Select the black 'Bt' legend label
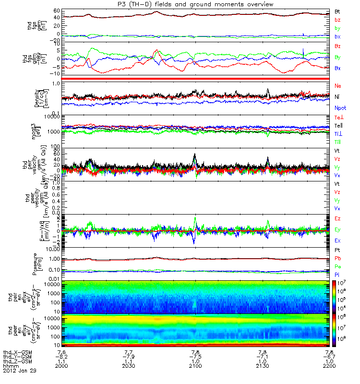coord(337,11)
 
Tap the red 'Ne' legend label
coord(338,85)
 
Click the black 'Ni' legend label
coord(337,97)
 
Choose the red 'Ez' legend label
coord(338,218)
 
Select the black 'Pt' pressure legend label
coord(337,251)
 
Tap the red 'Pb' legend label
coord(337,258)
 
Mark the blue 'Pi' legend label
coord(337,274)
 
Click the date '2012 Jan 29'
coord(19,371)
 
